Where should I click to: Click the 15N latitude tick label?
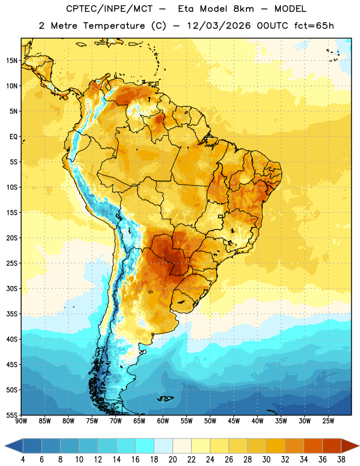12,61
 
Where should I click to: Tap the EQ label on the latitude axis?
13,137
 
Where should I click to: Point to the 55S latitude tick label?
12,415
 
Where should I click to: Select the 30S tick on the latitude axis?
12,288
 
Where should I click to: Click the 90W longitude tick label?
22,421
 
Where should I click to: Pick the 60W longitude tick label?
163,421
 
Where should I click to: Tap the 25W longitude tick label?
328,421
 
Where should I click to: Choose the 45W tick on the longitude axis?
234,421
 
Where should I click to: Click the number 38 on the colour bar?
341,460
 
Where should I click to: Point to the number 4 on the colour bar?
23,460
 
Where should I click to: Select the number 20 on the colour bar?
172,460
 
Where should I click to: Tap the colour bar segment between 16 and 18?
144,446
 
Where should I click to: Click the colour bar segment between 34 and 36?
313,446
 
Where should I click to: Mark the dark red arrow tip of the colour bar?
358,446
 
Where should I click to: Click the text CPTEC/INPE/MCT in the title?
110,9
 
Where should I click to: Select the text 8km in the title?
243,9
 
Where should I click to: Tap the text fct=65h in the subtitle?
314,26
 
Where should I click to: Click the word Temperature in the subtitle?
114,26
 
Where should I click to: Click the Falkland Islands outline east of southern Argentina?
165,398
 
